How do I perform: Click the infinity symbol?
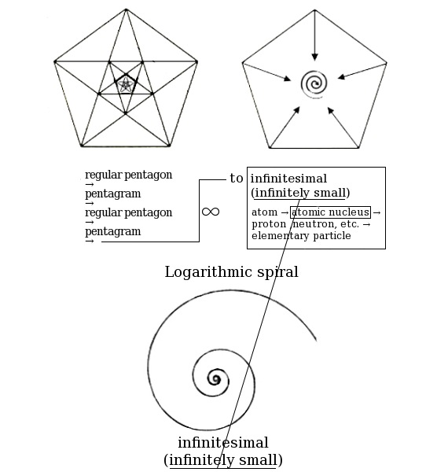point(211,212)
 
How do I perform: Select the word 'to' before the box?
point(237,179)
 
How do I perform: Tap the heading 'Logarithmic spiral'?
point(231,272)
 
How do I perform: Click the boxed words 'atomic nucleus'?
point(330,212)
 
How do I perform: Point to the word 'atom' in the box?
point(264,212)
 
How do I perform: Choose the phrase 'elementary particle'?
point(301,236)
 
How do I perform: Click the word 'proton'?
point(269,224)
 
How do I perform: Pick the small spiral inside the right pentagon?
point(314,84)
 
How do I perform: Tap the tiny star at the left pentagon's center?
point(126,85)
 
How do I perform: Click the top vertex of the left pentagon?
point(126,9)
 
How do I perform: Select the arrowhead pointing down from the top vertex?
point(314,57)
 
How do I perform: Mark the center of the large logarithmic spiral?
point(215,378)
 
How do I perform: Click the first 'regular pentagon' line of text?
point(128,175)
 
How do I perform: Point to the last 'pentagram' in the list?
point(112,231)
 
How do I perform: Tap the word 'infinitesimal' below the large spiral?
point(223,443)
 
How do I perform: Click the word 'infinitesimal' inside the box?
point(288,179)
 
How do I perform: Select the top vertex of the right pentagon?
point(314,10)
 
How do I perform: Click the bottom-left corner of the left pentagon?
point(82,146)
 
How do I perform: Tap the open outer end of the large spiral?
point(316,341)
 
